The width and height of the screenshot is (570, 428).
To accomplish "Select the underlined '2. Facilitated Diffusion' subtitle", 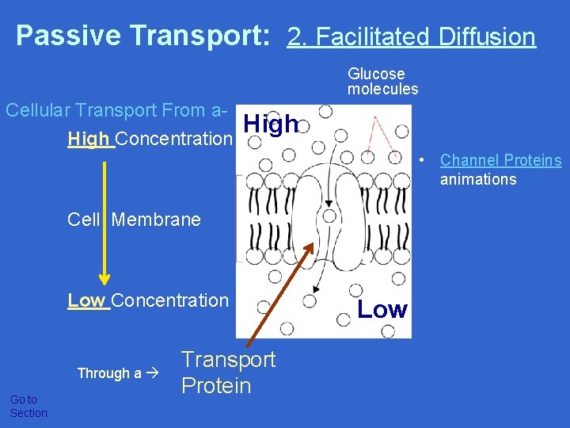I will coord(411,36).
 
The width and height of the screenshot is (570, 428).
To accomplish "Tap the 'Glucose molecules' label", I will coord(382,82).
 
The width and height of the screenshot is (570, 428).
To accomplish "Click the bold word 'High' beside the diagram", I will coord(271,124).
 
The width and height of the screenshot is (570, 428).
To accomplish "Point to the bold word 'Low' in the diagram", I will coord(382,310).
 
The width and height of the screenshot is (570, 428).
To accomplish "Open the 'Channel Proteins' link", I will coord(500,161).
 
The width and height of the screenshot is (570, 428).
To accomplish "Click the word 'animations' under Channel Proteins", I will coord(478,179).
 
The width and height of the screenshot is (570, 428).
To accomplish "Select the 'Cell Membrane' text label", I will coord(135,220).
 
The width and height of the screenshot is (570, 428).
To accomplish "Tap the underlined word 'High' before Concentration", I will coord(89,139).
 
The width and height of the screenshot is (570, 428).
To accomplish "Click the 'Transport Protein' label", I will coord(228,373).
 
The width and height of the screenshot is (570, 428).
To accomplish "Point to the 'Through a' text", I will coord(109,373).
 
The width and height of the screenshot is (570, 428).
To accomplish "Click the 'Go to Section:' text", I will coord(29,407).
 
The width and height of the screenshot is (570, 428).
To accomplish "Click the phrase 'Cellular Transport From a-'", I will coord(117,110).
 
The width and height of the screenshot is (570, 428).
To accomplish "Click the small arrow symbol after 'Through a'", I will coord(154,373).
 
